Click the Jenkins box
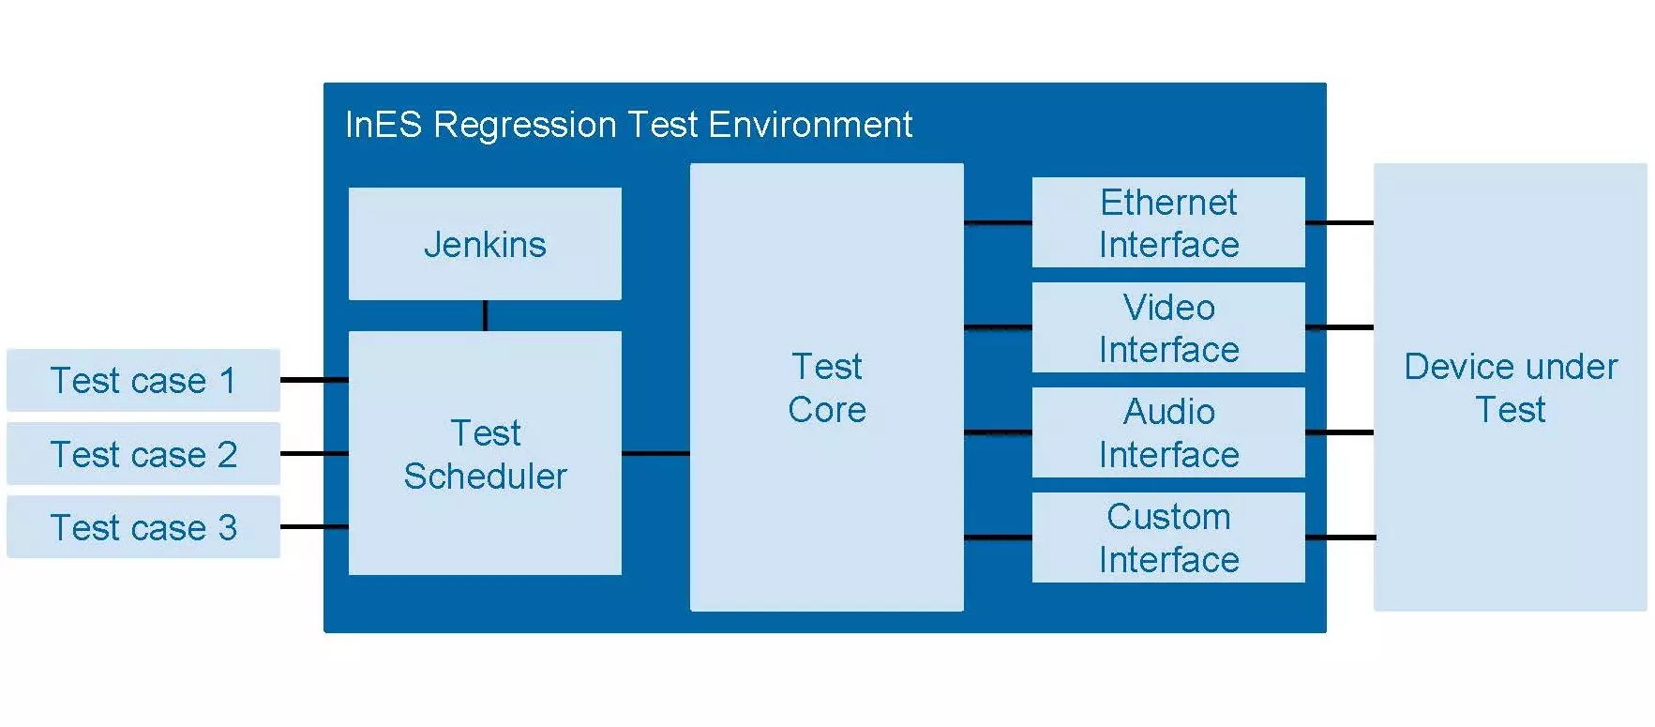(x=485, y=244)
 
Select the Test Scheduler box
(x=485, y=453)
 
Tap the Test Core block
(x=827, y=387)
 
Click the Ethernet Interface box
(x=1168, y=222)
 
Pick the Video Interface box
(x=1168, y=327)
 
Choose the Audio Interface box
(x=1168, y=432)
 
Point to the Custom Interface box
(x=1168, y=538)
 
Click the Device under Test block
(x=1511, y=387)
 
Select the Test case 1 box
(x=143, y=380)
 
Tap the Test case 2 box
(x=143, y=453)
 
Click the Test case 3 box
(x=143, y=527)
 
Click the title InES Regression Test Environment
(x=628, y=125)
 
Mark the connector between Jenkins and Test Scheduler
(x=485, y=315)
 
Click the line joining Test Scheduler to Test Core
(x=655, y=453)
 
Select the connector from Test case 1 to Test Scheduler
(x=314, y=380)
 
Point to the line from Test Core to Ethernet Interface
(x=998, y=222)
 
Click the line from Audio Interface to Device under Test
(x=1339, y=432)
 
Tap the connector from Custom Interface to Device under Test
(x=1339, y=538)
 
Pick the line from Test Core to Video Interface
(x=998, y=327)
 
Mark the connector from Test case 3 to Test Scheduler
(x=314, y=527)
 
